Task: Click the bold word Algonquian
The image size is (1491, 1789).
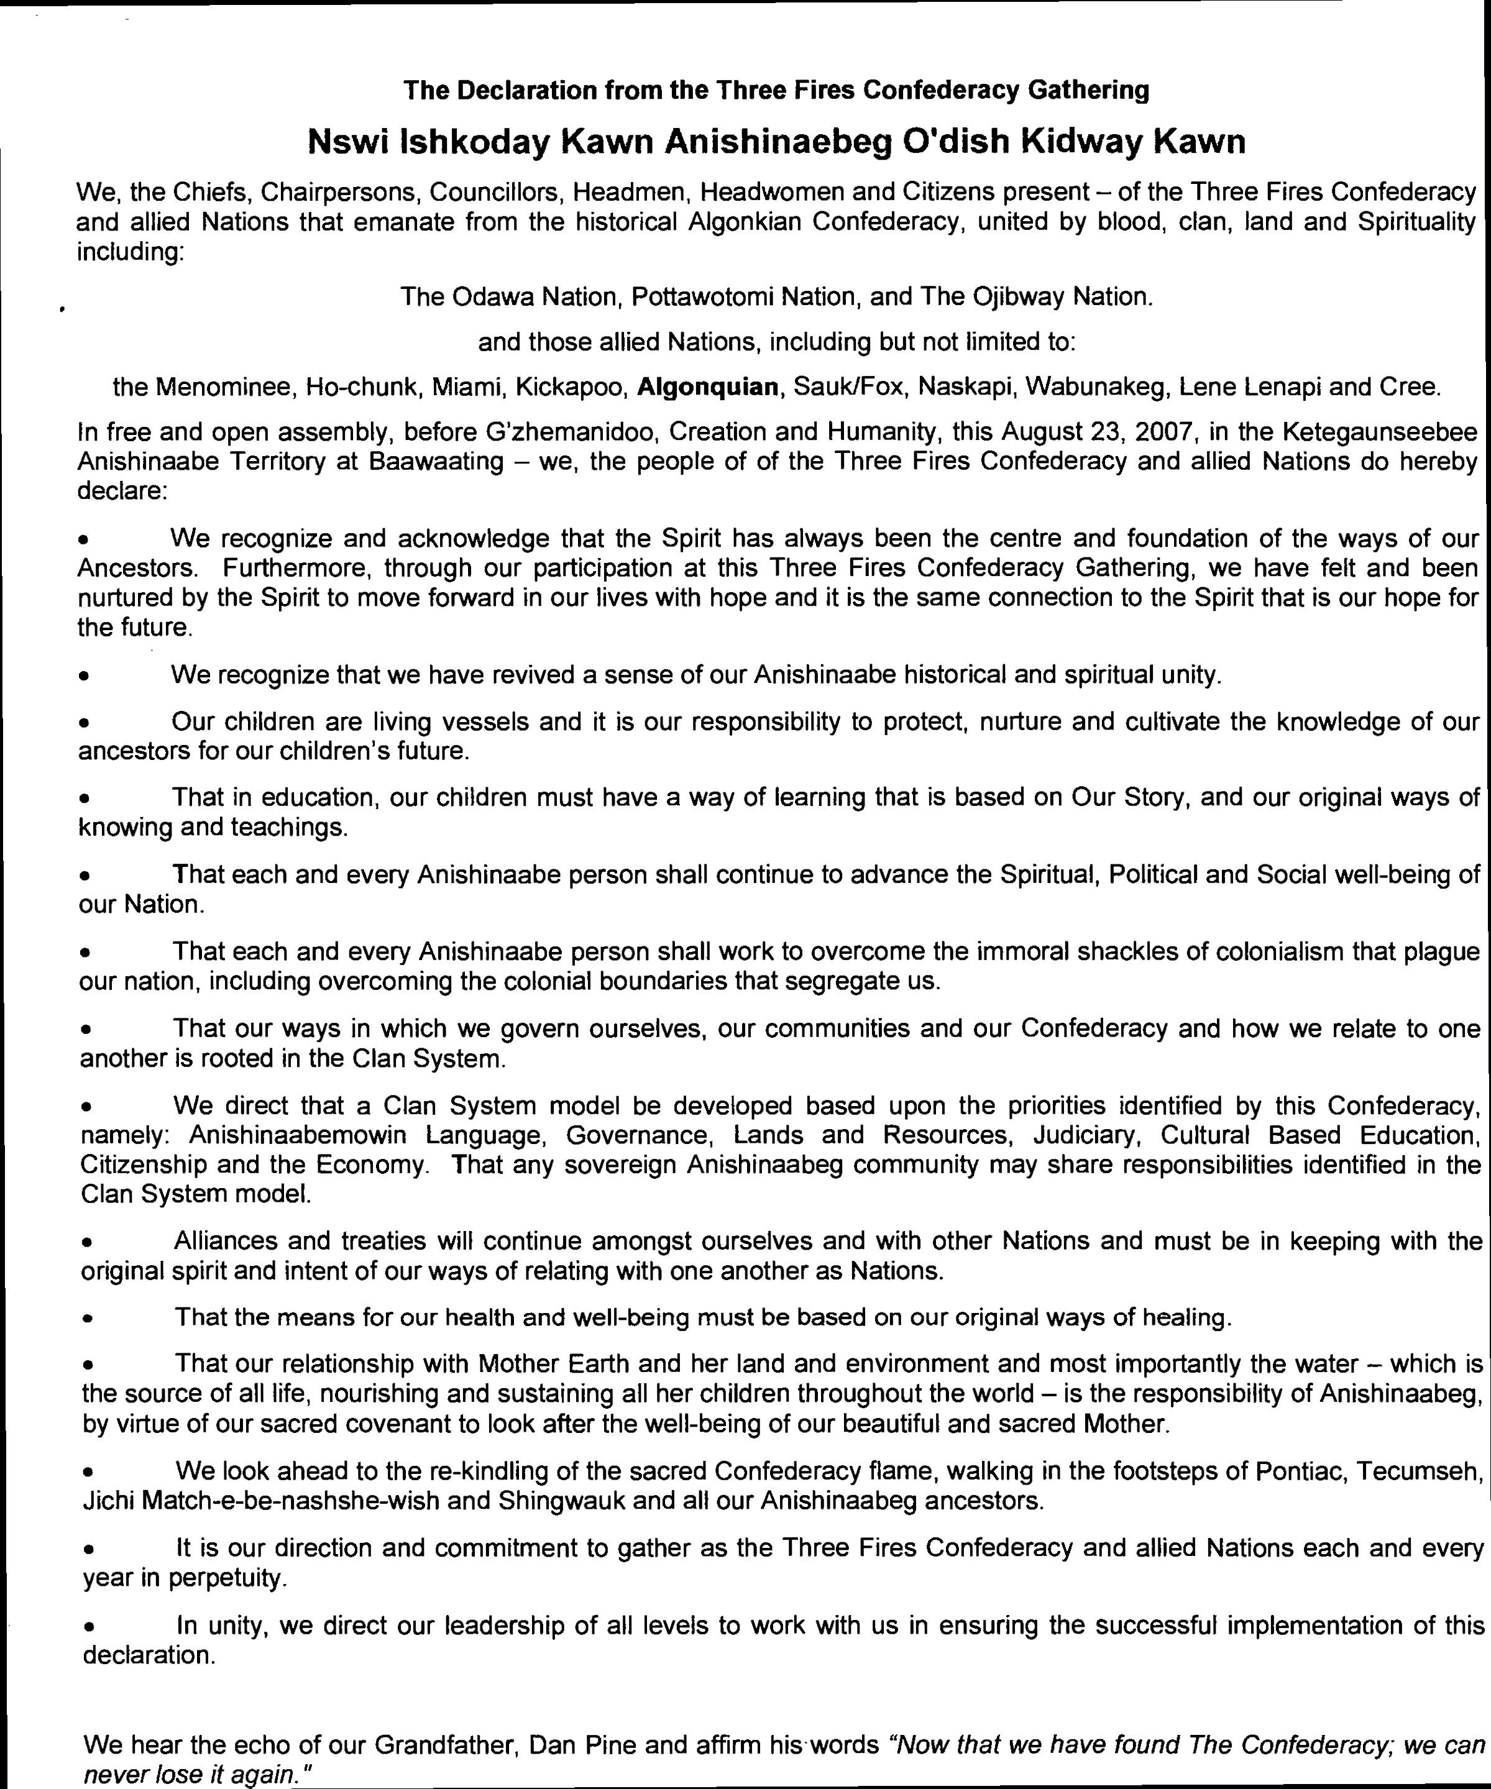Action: click(x=707, y=388)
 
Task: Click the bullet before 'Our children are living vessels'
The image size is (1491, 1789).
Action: click(x=83, y=723)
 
